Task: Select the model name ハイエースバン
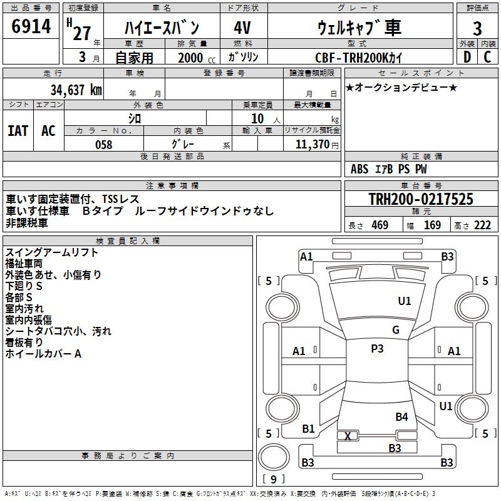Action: tap(161, 28)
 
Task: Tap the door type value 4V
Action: tap(242, 28)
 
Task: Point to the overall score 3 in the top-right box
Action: tap(477, 28)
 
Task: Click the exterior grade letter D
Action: tap(467, 56)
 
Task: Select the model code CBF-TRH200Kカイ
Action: tap(359, 57)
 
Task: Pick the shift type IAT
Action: tap(18, 131)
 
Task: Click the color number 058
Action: tap(103, 145)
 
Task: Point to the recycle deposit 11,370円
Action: tap(313, 145)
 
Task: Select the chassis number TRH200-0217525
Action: tap(421, 199)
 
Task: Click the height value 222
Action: tap(482, 225)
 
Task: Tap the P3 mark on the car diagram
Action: tap(377, 349)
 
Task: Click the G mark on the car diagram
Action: tap(396, 330)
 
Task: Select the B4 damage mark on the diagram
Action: tap(401, 416)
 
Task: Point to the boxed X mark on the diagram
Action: tap(348, 435)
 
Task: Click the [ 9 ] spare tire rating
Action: tap(274, 479)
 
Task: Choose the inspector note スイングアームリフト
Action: tap(52, 252)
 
